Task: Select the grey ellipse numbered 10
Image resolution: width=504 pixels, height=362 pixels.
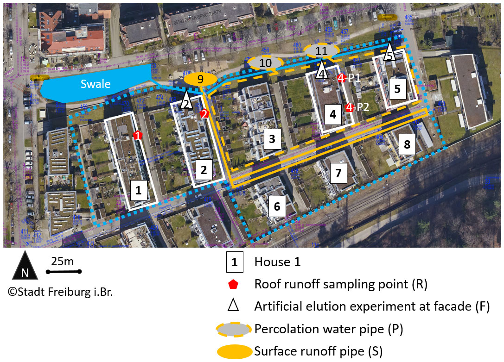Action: (265, 62)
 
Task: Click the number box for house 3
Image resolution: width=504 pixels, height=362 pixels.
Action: (273, 138)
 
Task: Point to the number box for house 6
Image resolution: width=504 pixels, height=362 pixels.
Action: (277, 206)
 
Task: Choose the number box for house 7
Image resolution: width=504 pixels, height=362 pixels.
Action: (338, 174)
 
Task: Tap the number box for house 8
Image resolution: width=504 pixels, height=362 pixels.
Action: (407, 144)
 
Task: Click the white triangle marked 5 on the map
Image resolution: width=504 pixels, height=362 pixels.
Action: (390, 52)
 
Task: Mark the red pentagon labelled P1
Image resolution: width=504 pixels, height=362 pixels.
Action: (341, 78)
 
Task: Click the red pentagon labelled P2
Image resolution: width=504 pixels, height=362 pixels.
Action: (350, 107)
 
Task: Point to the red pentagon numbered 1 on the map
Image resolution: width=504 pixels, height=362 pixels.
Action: (137, 135)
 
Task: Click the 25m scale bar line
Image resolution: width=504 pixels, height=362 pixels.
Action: (64, 271)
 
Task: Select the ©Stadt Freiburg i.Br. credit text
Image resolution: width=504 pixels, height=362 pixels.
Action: (57, 293)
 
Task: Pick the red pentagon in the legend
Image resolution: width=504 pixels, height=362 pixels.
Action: (235, 284)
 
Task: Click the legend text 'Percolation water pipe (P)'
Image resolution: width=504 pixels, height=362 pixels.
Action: (329, 329)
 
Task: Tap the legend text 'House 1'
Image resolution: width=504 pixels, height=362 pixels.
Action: (277, 262)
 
